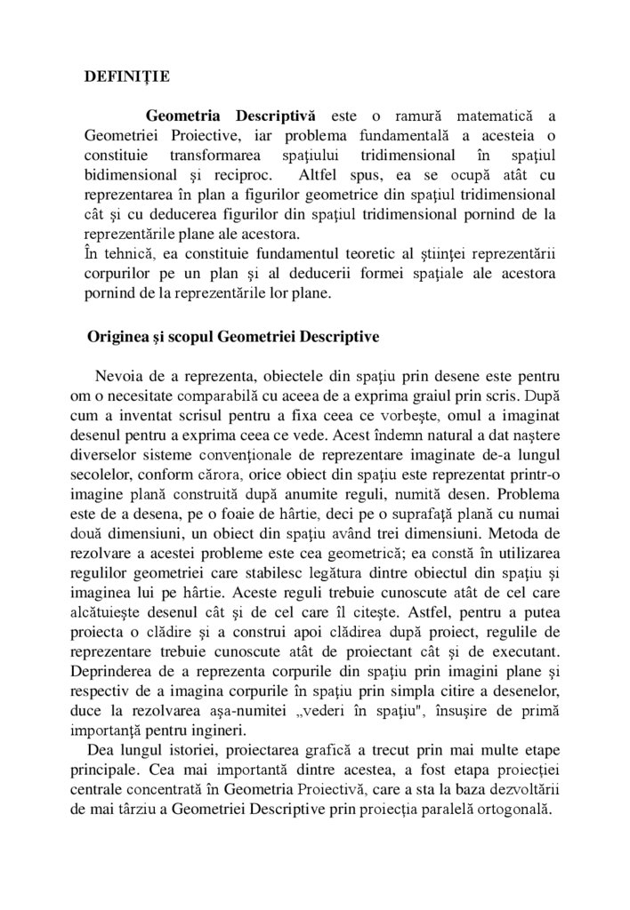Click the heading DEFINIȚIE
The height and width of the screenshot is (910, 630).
119,77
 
